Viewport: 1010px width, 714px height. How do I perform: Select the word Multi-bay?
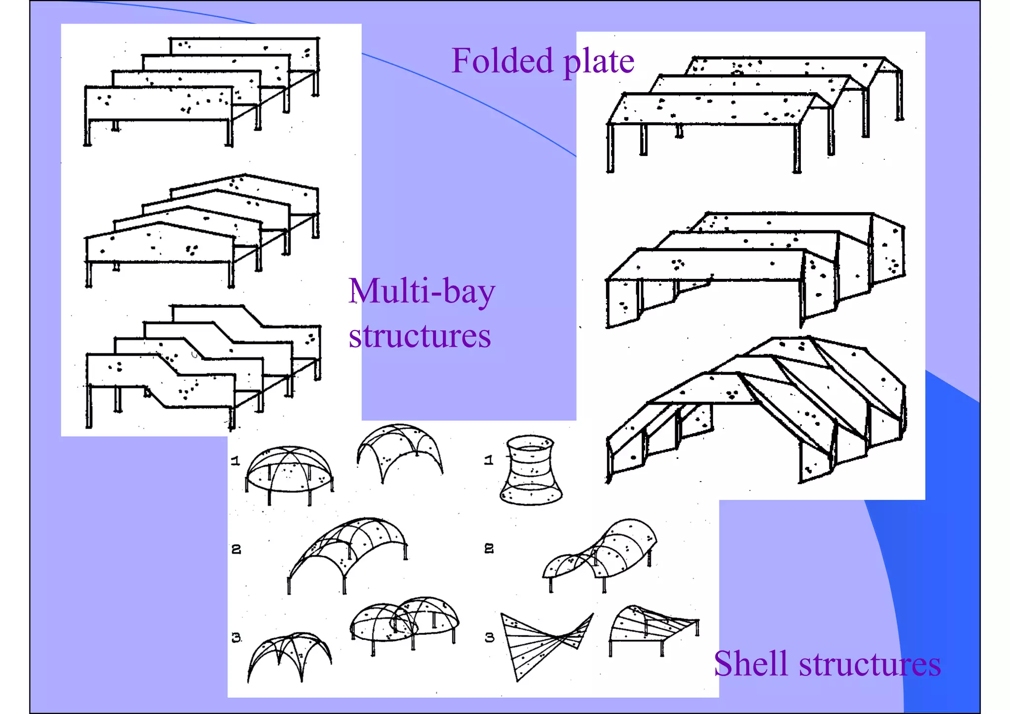(x=421, y=292)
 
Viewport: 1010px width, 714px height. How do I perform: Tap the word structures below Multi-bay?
(x=419, y=336)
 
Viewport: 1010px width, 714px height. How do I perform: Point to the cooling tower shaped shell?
(x=531, y=470)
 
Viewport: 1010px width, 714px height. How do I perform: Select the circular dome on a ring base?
(x=289, y=471)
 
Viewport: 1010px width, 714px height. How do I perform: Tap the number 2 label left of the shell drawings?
(x=236, y=549)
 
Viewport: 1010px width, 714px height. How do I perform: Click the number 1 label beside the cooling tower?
(x=488, y=460)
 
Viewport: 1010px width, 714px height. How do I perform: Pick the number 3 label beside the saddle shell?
(x=489, y=638)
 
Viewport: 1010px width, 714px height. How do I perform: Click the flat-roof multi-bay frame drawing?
(x=202, y=91)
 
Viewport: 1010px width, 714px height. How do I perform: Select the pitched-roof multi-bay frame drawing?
(x=202, y=229)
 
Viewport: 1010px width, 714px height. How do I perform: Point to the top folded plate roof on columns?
(x=755, y=109)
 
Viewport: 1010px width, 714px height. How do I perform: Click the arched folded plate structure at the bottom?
(x=755, y=410)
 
